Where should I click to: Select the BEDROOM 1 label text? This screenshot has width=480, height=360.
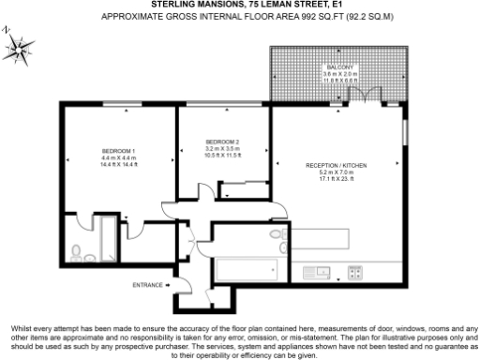119,150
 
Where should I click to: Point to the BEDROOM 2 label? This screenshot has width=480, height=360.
222,142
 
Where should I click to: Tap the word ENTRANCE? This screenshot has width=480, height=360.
147,284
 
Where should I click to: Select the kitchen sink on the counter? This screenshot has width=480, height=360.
321,274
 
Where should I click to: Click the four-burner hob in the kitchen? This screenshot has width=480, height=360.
356,274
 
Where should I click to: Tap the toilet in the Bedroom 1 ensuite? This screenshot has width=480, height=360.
77,250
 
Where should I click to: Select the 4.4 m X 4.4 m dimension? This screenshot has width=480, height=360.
119,157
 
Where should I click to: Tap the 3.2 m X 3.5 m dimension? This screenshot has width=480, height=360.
222,148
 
